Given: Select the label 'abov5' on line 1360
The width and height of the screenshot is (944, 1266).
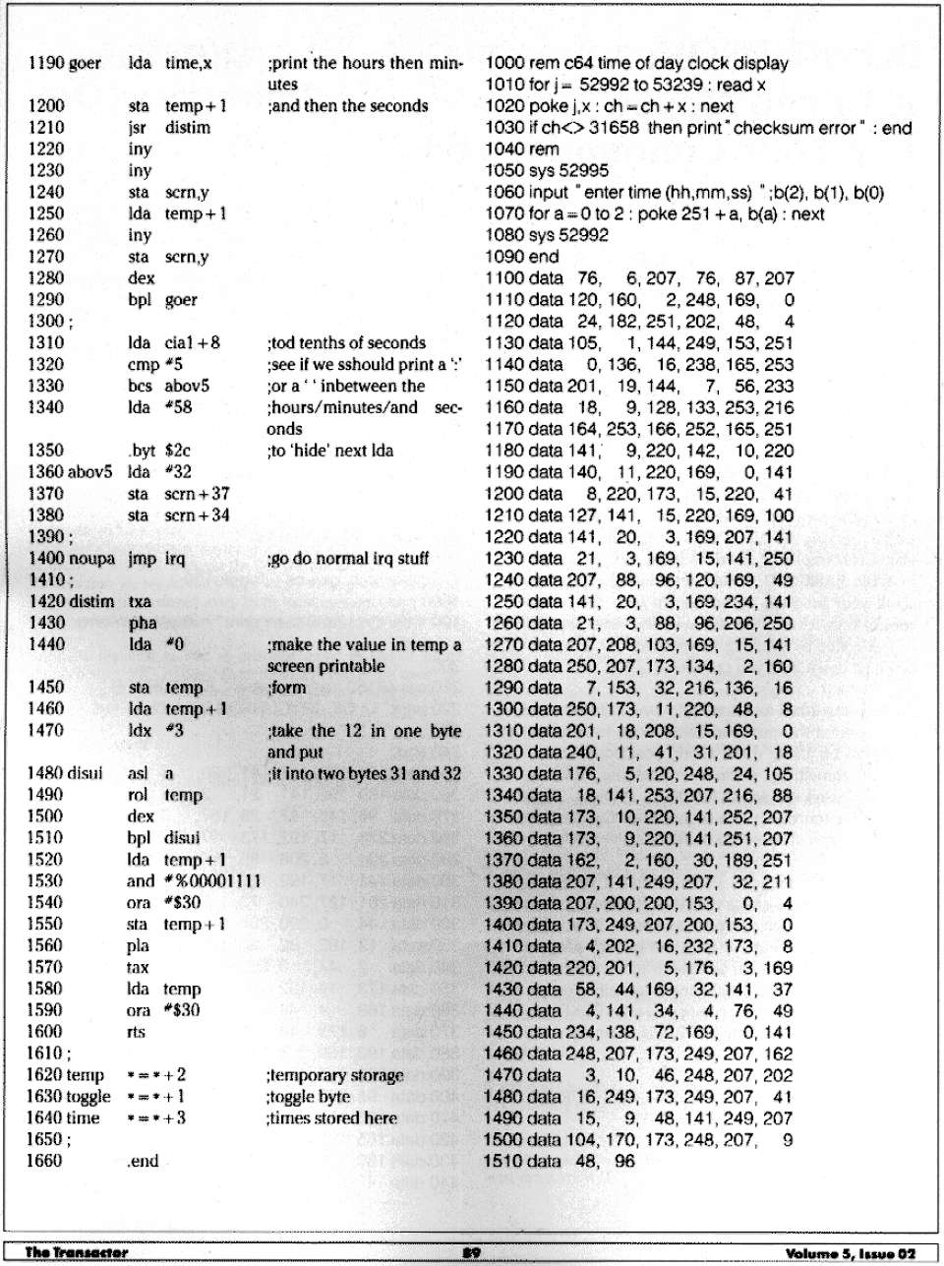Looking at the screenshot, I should click(x=90, y=472).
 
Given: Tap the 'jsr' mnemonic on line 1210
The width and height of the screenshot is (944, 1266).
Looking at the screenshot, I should click(x=138, y=128).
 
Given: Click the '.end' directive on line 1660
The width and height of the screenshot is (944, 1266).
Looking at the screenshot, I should click(x=143, y=1162).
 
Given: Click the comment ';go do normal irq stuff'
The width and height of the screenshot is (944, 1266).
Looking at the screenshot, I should click(x=348, y=559).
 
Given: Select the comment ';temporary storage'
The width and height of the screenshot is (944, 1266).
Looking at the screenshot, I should click(x=334, y=1075).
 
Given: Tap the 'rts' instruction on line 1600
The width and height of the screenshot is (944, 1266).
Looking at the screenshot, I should click(x=137, y=1032).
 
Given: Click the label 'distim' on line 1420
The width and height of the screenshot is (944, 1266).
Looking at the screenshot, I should click(x=91, y=601).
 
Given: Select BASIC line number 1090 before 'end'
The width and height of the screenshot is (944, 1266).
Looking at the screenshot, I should click(x=505, y=257).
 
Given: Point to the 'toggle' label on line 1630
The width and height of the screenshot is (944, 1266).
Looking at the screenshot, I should click(x=88, y=1097).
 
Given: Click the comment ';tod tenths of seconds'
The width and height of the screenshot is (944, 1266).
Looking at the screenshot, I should click(x=346, y=343).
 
